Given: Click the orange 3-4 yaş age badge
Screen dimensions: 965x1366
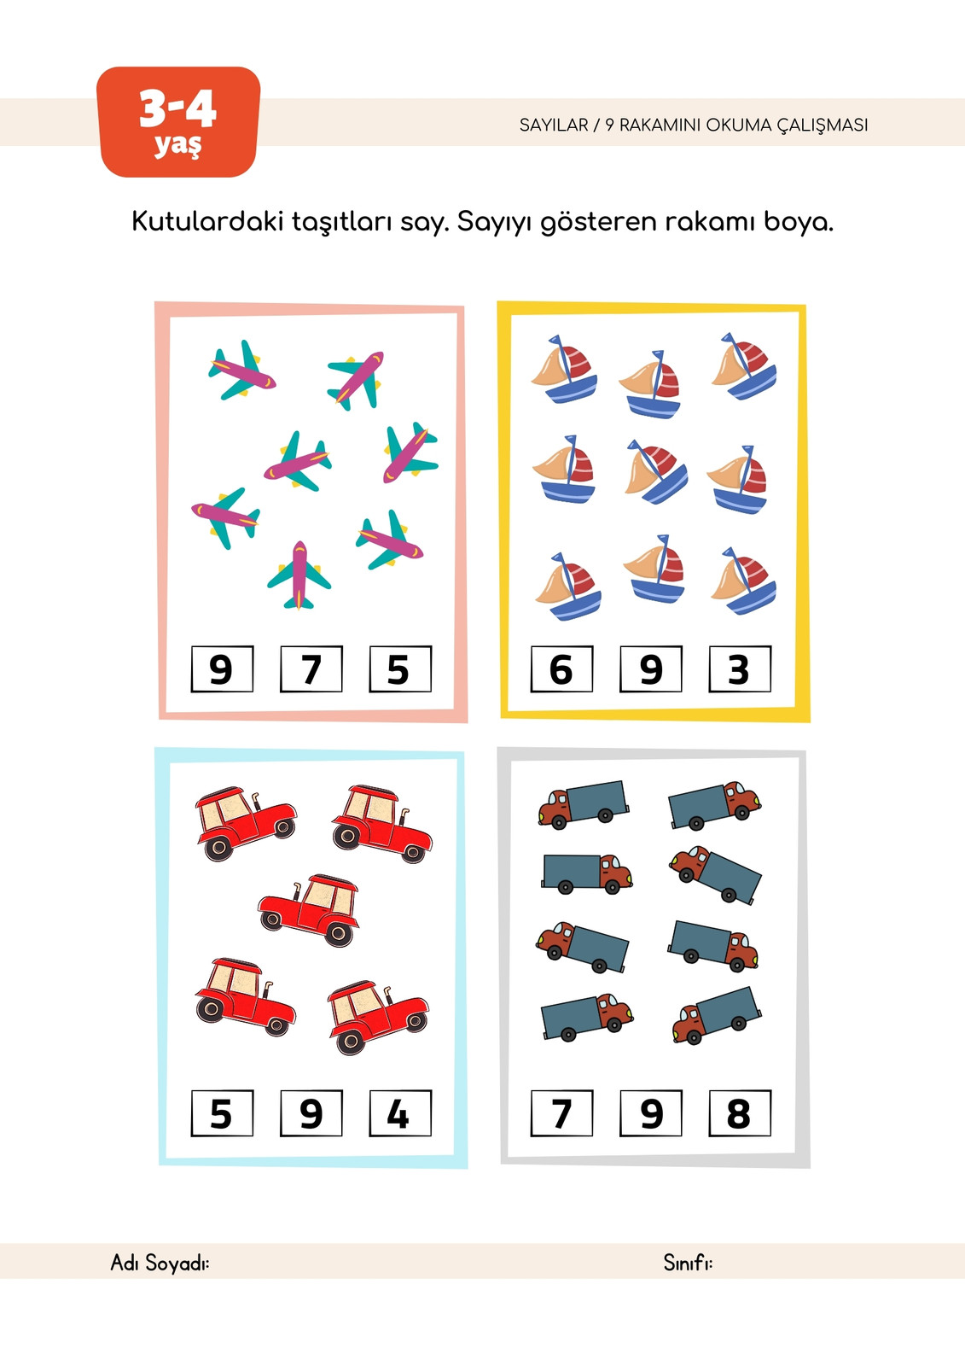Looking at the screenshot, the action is coord(178,122).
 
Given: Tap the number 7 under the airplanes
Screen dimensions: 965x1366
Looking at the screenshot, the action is coord(311,669).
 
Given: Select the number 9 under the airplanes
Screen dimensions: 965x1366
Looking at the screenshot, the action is coord(222,669).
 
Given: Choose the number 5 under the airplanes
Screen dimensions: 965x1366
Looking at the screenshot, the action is coord(400,669).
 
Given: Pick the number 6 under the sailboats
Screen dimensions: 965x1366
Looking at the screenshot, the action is coord(561,669).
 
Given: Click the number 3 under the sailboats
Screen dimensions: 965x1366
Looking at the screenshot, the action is coord(740,669).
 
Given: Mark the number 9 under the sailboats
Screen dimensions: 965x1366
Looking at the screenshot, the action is coord(650,669).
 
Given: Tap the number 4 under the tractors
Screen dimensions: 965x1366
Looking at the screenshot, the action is coord(400,1113).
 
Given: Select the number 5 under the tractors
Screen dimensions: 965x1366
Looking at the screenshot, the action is coord(222,1113).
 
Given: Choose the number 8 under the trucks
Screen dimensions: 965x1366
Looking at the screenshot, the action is coord(740,1113).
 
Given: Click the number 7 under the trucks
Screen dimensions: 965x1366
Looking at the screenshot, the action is coord(561,1113).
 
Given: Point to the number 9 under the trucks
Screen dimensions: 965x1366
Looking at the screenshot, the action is coord(650,1113).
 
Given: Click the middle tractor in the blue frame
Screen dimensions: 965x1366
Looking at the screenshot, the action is coord(309,910).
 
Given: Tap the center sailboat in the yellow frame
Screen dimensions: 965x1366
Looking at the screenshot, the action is coord(656,471).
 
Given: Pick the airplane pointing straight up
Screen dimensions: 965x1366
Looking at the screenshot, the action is coord(299,575).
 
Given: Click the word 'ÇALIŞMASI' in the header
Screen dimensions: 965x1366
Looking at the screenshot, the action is coord(822,126).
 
